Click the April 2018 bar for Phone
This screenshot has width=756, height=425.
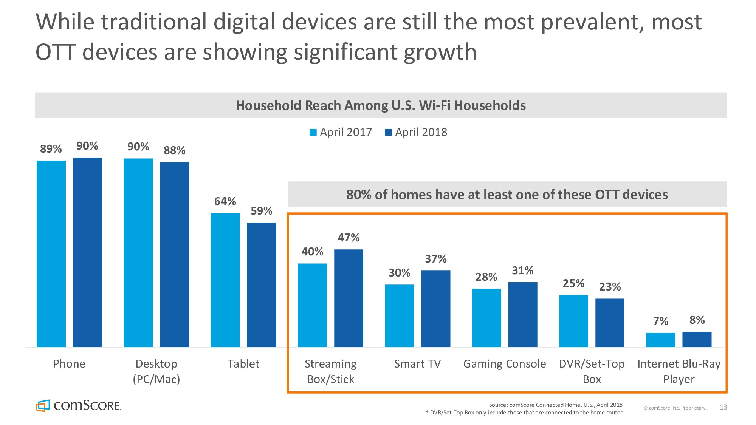click(x=87, y=252)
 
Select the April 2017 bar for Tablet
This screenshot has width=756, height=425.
click(x=225, y=280)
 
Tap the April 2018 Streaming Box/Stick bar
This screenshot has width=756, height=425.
click(x=349, y=298)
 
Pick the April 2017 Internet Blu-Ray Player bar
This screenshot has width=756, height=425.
click(x=660, y=340)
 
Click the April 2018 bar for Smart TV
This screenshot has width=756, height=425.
click(x=435, y=309)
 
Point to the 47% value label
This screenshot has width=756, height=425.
click(x=349, y=238)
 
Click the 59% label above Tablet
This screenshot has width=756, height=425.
click(x=262, y=211)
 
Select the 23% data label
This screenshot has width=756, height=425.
click(x=610, y=287)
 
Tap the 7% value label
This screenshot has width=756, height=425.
click(x=661, y=321)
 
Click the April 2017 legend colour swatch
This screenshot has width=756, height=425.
click(x=313, y=133)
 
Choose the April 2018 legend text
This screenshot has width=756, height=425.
click(x=421, y=132)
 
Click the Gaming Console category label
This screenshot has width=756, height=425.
click(x=505, y=364)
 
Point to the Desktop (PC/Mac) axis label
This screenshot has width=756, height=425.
click(x=156, y=371)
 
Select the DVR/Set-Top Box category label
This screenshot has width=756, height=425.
click(x=592, y=371)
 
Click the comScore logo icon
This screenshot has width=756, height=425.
click(x=43, y=405)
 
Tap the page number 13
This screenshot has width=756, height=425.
click(x=723, y=407)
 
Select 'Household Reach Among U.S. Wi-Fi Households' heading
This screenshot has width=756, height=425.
click(x=381, y=105)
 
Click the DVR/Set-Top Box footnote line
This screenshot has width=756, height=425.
click(x=524, y=413)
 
